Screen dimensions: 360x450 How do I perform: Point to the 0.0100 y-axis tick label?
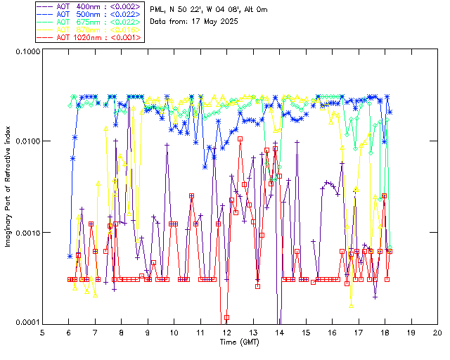(27, 142)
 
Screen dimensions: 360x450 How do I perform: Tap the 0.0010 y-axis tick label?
(27, 233)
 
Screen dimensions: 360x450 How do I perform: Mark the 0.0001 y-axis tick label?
(27, 323)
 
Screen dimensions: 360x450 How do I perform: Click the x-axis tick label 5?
(42, 332)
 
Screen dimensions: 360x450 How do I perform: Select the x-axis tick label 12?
(227, 332)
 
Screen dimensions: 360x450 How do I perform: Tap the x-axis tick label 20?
(437, 332)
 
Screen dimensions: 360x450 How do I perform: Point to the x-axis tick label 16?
(332, 332)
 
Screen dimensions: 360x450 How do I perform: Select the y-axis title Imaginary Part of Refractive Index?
(9, 187)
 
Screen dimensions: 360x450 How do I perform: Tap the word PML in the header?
(157, 9)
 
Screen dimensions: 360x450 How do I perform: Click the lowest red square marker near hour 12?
(226, 317)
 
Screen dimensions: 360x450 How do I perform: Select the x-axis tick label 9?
(148, 332)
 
